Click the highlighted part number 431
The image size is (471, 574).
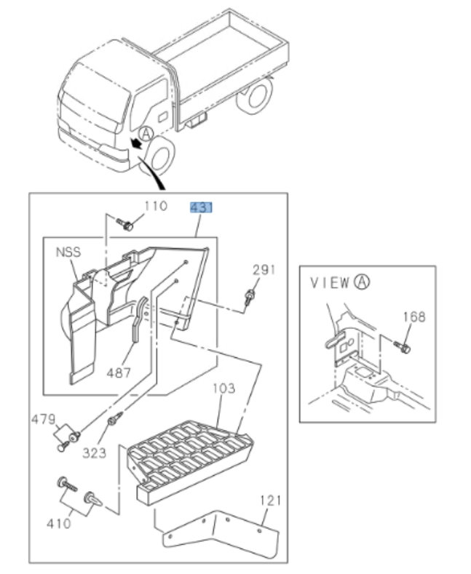201,208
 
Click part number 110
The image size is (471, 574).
155,207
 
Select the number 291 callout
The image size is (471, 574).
264,270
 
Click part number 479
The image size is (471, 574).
42,419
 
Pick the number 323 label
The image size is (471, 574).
94,453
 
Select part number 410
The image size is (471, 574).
59,522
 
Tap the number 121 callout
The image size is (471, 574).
269,501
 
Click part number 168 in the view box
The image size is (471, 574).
413,316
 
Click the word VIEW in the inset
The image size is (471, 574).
329,283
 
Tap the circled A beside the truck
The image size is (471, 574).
146,133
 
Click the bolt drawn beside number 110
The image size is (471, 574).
127,225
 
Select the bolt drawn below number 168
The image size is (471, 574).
403,346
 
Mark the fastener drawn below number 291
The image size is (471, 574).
250,296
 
